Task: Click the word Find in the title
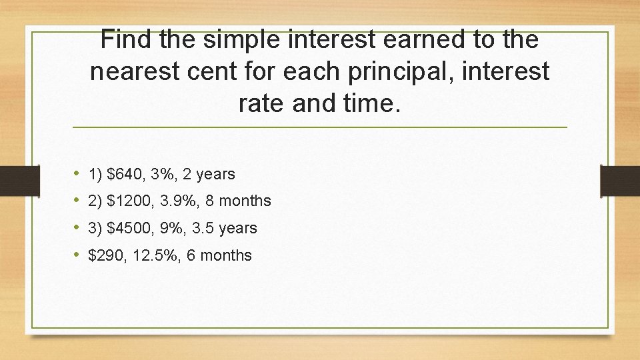pyautogui.click(x=127, y=40)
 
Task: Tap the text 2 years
pyautogui.click(x=209, y=174)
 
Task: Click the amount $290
pyautogui.click(x=108, y=255)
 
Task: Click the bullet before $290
pyautogui.click(x=77, y=255)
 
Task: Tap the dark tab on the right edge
pyautogui.click(x=619, y=180)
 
